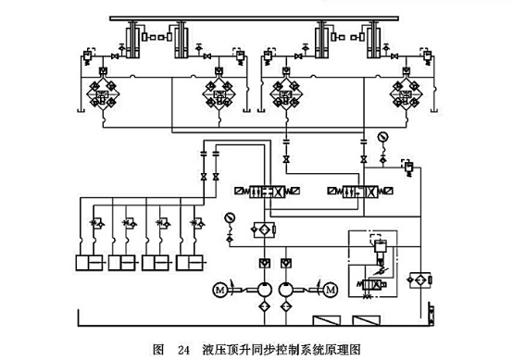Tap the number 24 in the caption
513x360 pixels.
[x=183, y=350]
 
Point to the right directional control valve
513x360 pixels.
[x=358, y=191]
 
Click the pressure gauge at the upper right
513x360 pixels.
[x=382, y=137]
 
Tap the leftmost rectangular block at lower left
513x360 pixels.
[x=90, y=264]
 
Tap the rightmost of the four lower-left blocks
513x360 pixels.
[x=190, y=264]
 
